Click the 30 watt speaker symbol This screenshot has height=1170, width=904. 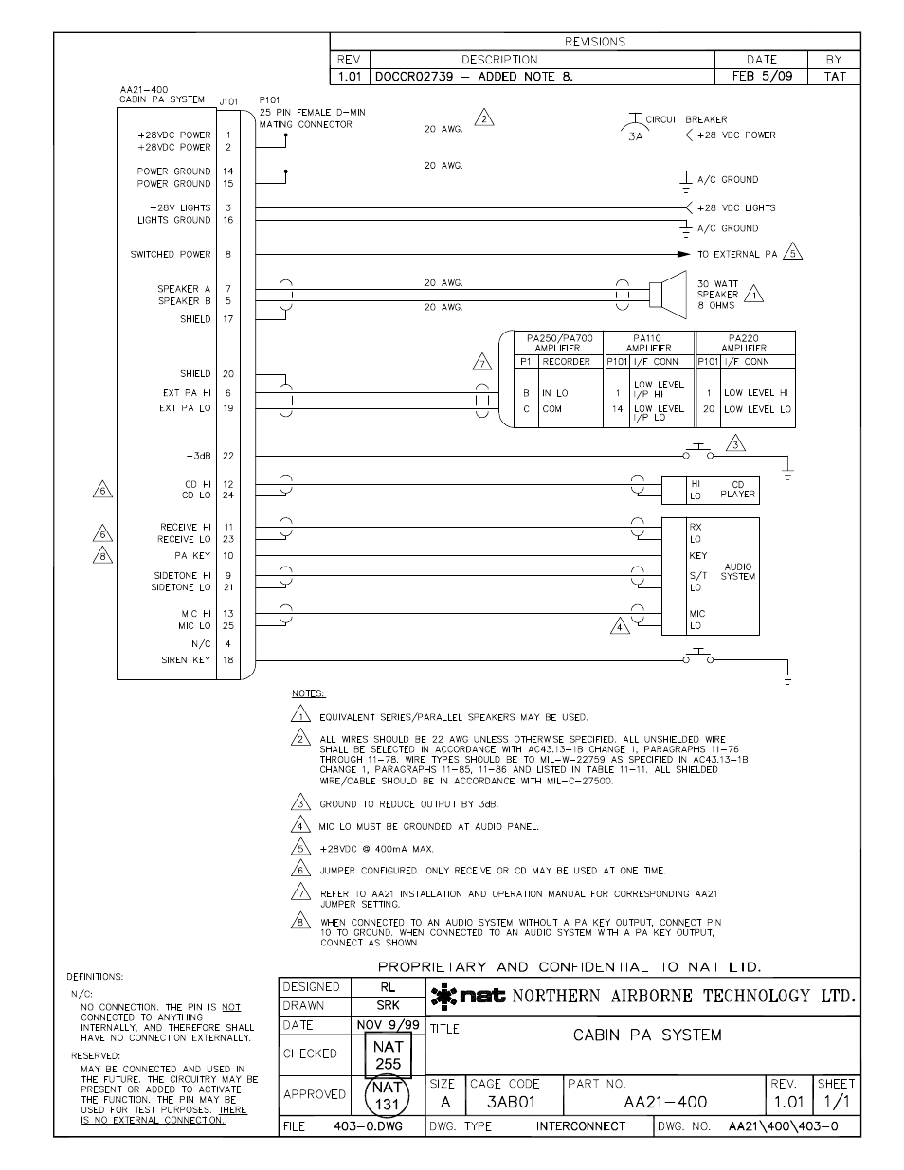pyautogui.click(x=670, y=294)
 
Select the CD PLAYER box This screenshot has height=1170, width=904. pyautogui.click(x=722, y=490)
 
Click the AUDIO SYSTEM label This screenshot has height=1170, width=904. pyautogui.click(x=737, y=571)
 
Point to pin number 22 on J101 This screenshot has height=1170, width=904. pyautogui.click(x=228, y=456)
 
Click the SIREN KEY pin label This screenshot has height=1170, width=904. pyautogui.click(x=186, y=660)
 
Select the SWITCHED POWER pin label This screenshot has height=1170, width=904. pyautogui.click(x=171, y=254)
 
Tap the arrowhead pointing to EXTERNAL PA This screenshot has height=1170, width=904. pyautogui.click(x=682, y=254)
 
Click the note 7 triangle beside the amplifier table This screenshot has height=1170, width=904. pyautogui.click(x=483, y=362)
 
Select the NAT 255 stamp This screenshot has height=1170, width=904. pyautogui.click(x=388, y=1055)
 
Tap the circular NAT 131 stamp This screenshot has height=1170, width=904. pyautogui.click(x=388, y=1095)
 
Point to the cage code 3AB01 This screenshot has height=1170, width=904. pyautogui.click(x=511, y=1103)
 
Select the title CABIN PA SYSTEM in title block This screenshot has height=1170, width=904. pyautogui.click(x=647, y=1035)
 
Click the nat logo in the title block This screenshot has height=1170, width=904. pyautogui.click(x=468, y=996)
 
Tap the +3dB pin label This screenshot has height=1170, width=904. pyautogui.click(x=197, y=456)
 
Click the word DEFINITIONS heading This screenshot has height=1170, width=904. pyautogui.click(x=95, y=977)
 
